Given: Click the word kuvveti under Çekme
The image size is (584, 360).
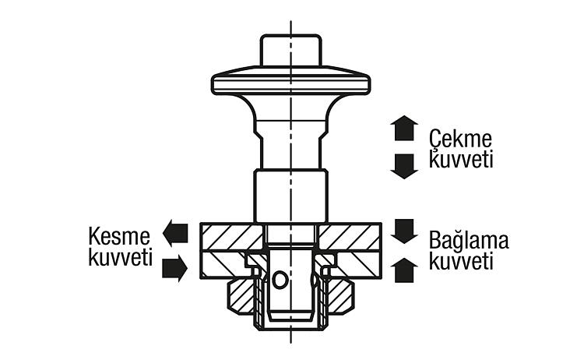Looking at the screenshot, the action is click(x=461, y=160).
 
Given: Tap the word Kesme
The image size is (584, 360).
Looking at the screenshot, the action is click(x=119, y=236).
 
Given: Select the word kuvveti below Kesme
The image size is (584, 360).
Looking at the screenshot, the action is click(x=120, y=257).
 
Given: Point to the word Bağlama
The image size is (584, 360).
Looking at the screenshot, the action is click(x=469, y=241).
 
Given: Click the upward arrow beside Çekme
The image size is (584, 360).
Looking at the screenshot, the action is click(x=404, y=128).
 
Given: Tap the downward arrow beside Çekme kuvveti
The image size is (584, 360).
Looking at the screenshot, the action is click(x=404, y=166).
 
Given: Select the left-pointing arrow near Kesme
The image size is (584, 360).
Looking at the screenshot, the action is click(x=175, y=232).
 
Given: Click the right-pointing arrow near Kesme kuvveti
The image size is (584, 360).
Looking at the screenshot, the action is click(x=174, y=268).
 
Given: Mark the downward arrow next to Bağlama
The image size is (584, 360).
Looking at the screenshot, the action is click(x=404, y=231).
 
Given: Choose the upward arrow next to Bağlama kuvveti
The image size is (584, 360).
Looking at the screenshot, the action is click(x=404, y=270).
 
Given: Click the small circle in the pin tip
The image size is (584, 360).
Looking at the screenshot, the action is click(x=280, y=280).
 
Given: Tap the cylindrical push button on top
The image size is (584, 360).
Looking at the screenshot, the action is click(x=290, y=51).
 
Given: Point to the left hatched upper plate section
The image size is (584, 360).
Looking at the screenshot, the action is click(x=232, y=237).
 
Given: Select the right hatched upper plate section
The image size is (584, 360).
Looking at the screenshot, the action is click(x=350, y=237).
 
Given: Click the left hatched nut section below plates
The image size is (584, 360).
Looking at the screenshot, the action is click(x=241, y=296).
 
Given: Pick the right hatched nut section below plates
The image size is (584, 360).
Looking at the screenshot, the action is click(x=340, y=296).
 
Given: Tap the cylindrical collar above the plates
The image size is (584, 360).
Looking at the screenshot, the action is click(x=291, y=196).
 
